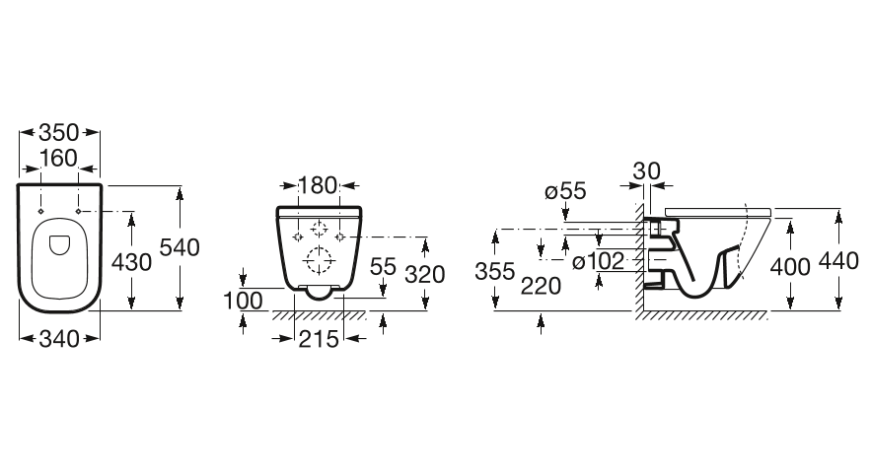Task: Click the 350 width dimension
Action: [59, 133]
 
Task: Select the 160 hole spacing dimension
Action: [58, 159]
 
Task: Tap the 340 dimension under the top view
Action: [59, 339]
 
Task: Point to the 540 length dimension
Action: [180, 247]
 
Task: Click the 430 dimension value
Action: [131, 262]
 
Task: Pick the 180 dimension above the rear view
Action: [318, 185]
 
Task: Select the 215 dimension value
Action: [319, 339]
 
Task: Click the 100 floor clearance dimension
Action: [243, 301]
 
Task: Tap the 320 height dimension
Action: [425, 274]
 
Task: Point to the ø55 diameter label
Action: [565, 191]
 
